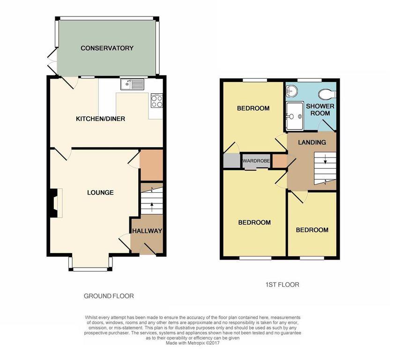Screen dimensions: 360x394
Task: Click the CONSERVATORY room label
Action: [x=107, y=48]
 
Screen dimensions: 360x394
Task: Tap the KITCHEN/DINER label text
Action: [x=100, y=119]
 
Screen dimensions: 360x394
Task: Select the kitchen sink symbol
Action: [x=133, y=84]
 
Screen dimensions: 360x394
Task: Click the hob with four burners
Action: [x=156, y=101]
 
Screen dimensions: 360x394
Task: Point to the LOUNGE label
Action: [x=100, y=193]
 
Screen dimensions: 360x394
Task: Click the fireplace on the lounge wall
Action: [x=55, y=203]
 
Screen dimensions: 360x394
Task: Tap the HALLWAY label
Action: [x=147, y=231]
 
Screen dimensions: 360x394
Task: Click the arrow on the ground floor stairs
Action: [x=151, y=206]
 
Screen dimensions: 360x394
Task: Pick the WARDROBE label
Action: [x=256, y=161]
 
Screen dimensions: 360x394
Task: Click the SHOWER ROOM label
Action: [x=320, y=110]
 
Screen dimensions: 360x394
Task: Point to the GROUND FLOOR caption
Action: [x=108, y=296]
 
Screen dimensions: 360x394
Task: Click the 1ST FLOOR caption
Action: [x=282, y=285]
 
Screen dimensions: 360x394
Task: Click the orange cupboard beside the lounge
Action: [x=151, y=165]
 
